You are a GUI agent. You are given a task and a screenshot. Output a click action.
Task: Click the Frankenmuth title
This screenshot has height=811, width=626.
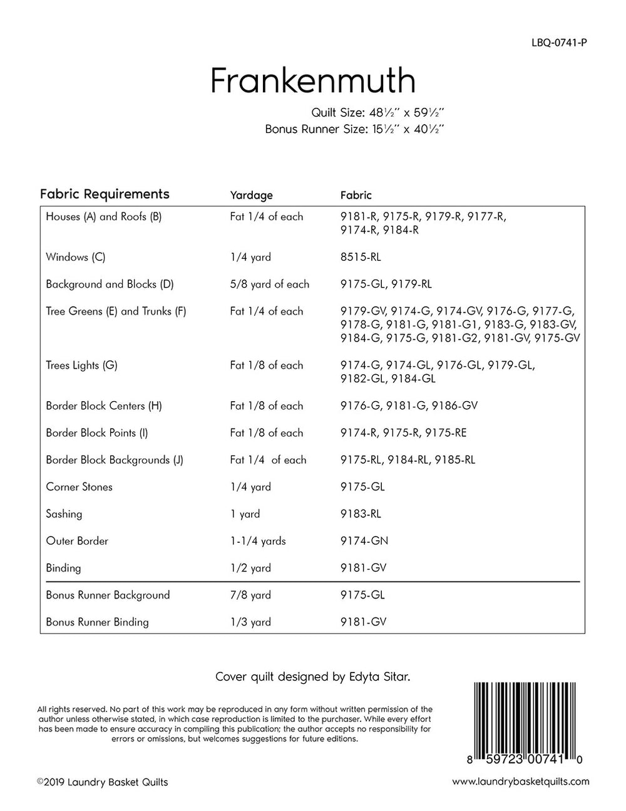312,80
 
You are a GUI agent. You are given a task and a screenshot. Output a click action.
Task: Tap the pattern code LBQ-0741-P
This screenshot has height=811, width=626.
558,43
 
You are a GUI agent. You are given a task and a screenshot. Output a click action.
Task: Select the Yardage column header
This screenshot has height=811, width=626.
251,195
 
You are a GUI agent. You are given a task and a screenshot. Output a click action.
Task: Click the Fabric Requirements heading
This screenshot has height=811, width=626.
105,194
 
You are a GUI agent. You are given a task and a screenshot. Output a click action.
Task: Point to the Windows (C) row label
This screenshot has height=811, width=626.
76,257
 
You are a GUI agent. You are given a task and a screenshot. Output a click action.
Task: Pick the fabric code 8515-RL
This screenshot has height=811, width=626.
361,257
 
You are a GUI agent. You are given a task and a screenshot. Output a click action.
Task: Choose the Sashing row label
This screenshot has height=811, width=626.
64,514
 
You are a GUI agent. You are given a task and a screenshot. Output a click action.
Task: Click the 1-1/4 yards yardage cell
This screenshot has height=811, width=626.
258,541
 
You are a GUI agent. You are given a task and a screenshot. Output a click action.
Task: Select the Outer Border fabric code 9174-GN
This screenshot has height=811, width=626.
364,541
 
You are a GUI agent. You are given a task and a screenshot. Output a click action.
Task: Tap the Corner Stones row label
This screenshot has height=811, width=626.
79,487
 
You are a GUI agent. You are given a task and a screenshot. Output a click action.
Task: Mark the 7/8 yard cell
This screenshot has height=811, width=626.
250,595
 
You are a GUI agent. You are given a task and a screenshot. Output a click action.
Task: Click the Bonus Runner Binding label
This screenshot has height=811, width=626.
97,622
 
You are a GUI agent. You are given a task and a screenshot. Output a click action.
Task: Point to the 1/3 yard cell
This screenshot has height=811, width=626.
250,622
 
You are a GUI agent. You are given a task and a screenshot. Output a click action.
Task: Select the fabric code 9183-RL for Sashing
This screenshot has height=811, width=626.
361,514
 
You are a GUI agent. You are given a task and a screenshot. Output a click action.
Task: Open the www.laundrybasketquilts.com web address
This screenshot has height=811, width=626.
520,782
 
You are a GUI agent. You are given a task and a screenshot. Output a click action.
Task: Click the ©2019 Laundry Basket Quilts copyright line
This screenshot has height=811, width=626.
103,782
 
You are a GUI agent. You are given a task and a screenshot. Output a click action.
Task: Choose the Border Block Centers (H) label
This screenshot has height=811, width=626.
104,406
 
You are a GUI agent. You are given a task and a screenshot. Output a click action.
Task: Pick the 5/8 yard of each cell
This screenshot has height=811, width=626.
270,284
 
